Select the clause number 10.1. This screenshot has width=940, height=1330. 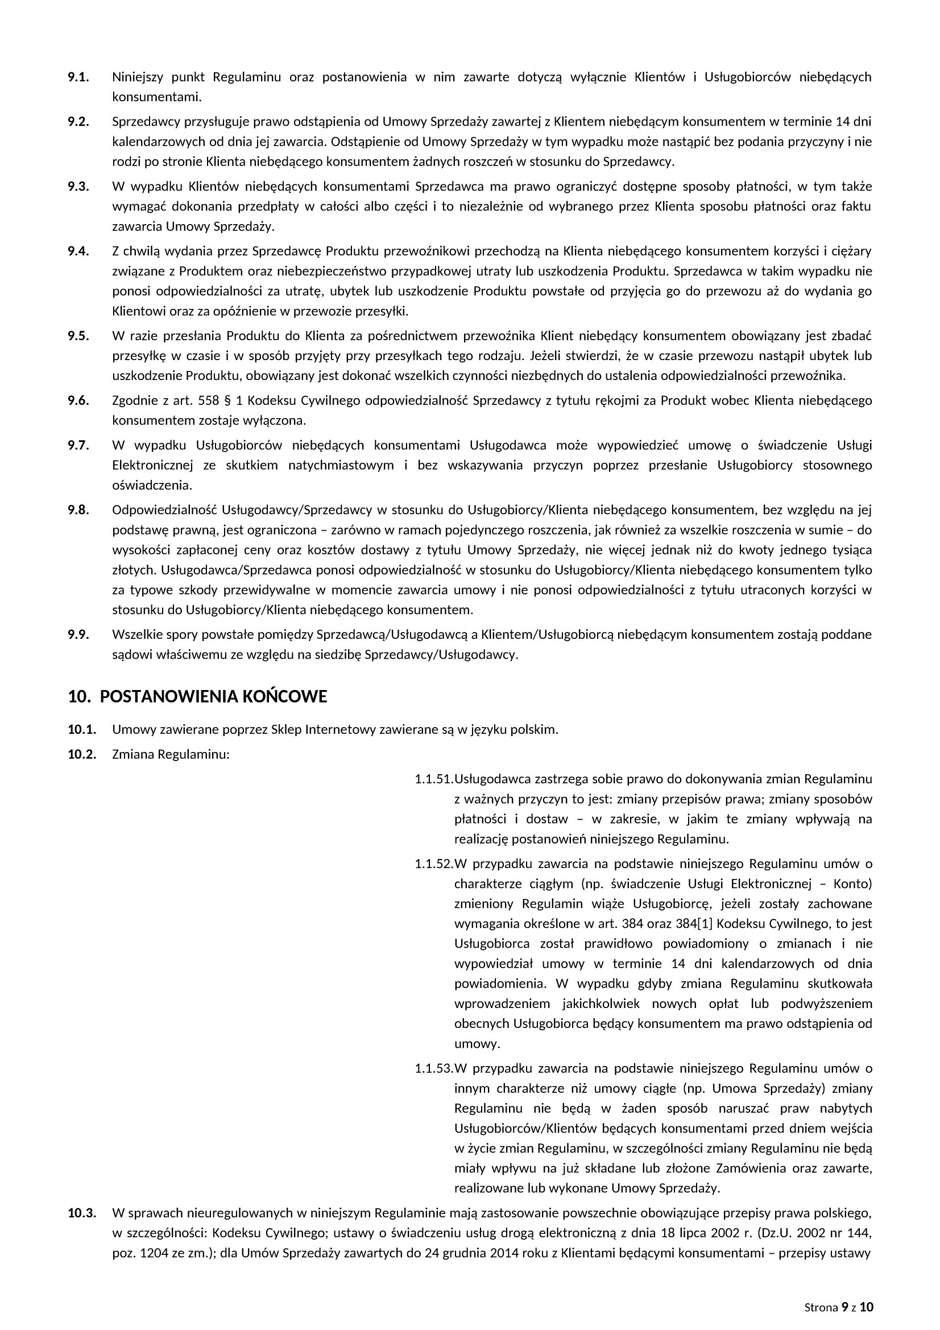tap(82, 729)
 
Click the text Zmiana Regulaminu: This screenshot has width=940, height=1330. tap(171, 755)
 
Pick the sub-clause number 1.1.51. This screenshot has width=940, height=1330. tap(433, 779)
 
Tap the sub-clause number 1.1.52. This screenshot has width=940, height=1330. tap(433, 864)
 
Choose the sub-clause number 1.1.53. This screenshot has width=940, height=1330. tap(433, 1068)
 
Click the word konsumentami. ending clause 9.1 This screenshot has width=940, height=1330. tap(157, 97)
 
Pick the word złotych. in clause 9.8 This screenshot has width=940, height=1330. tap(134, 570)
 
